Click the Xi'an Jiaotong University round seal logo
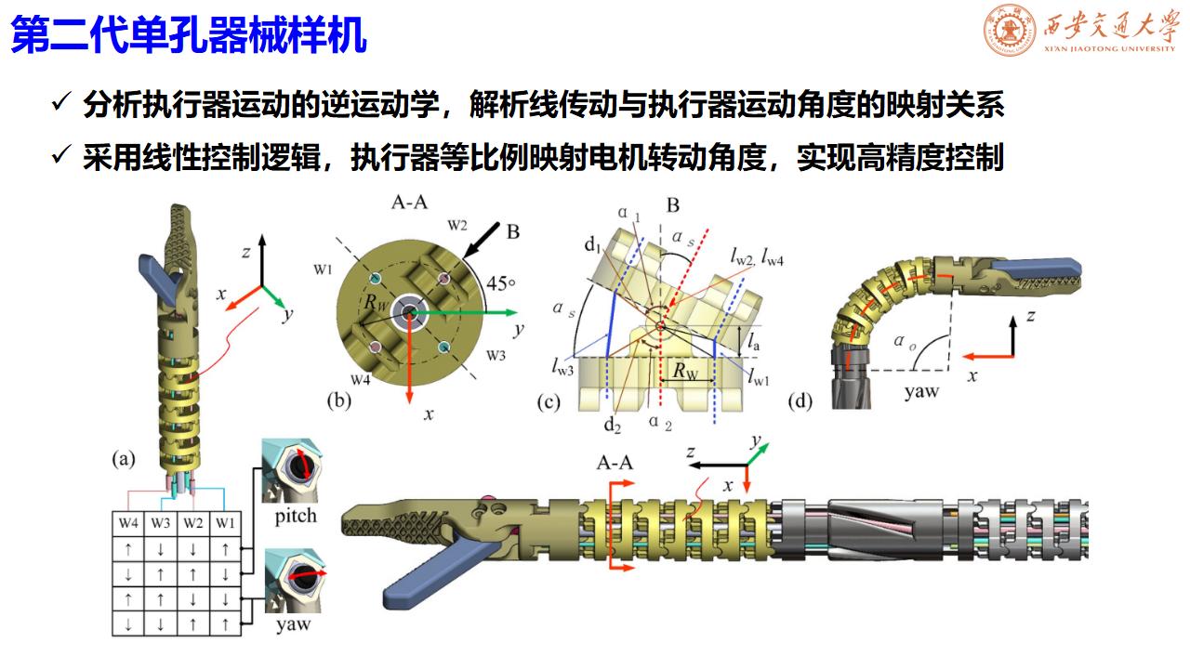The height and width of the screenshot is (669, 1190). click(x=1010, y=30)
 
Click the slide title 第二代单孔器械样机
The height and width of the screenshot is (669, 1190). click(x=189, y=35)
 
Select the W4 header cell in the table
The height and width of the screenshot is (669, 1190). click(x=128, y=523)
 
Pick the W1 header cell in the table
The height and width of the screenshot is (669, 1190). click(x=225, y=523)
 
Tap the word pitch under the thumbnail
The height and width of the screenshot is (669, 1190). click(x=296, y=516)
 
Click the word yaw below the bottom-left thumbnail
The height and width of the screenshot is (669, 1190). click(x=293, y=624)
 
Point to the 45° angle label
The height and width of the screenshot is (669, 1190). click(x=501, y=283)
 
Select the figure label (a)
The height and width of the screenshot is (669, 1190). click(x=124, y=458)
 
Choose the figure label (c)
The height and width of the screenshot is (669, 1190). click(x=549, y=403)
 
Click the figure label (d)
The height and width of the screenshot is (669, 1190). click(x=800, y=401)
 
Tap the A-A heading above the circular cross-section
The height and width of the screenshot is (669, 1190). click(x=409, y=203)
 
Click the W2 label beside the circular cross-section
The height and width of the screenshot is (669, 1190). click(x=456, y=226)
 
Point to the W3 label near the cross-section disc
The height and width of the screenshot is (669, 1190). click(x=496, y=355)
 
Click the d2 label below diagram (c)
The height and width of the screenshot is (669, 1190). click(x=613, y=425)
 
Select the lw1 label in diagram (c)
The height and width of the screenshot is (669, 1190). click(x=758, y=377)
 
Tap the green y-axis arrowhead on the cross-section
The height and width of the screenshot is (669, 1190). click(x=511, y=313)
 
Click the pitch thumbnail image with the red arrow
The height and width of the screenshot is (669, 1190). click(x=291, y=470)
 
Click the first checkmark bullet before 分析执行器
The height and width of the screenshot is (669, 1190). click(x=61, y=101)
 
